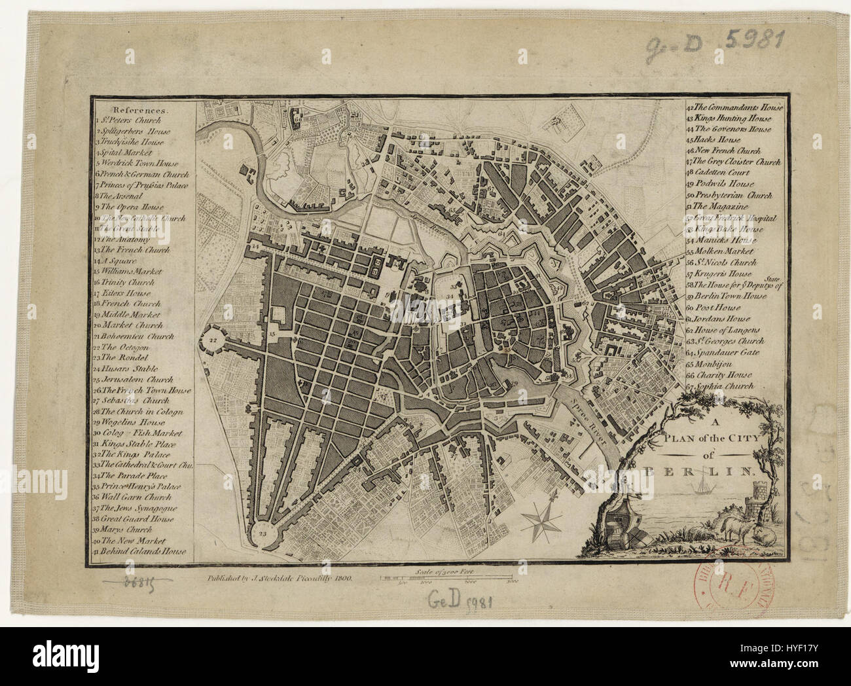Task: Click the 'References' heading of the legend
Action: [139, 110]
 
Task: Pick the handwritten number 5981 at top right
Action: [754, 41]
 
